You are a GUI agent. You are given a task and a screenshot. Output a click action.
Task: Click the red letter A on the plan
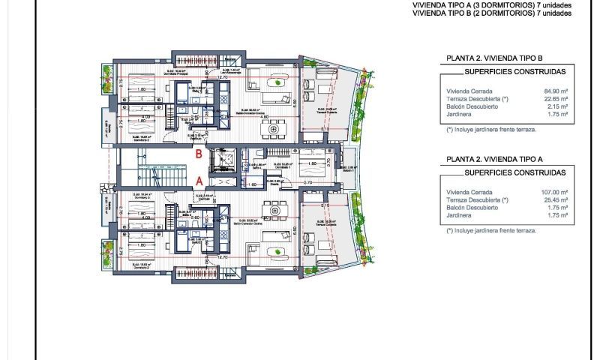[198, 181]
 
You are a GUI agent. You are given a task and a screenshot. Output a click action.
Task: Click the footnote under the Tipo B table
[490, 129]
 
